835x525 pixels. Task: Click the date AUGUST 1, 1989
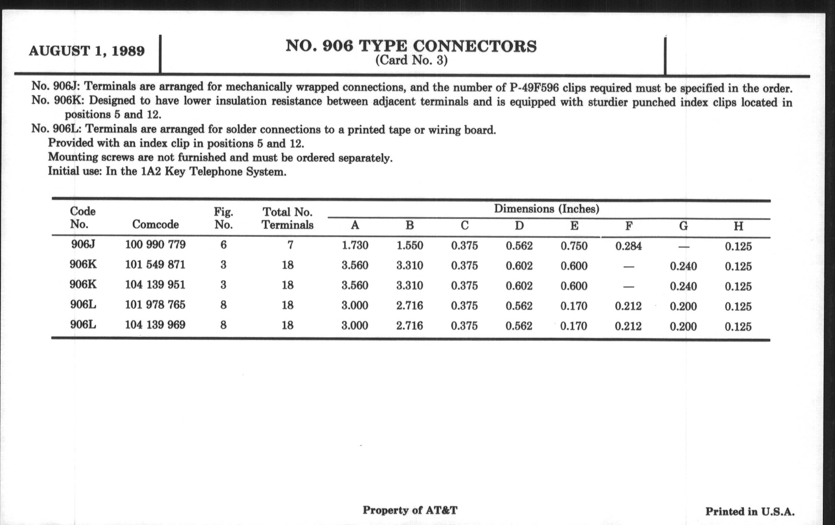87,51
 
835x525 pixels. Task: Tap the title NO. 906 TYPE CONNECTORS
411,46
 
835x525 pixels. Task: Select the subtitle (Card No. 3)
411,60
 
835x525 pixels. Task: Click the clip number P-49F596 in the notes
534,88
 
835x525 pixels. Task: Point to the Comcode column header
155,224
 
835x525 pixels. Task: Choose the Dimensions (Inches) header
547,209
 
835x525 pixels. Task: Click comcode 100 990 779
155,245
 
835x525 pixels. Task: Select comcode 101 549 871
155,265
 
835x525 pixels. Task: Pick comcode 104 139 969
155,325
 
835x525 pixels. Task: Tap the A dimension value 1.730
355,245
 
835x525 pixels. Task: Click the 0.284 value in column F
628,246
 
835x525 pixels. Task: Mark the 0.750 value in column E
574,246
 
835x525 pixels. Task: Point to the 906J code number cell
83,244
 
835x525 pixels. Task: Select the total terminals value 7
290,245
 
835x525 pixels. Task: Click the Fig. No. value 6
223,245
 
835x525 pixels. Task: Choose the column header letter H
738,226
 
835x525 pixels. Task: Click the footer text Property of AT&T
410,510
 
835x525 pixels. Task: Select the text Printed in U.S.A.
750,512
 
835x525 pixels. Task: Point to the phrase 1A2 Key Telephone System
214,172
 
